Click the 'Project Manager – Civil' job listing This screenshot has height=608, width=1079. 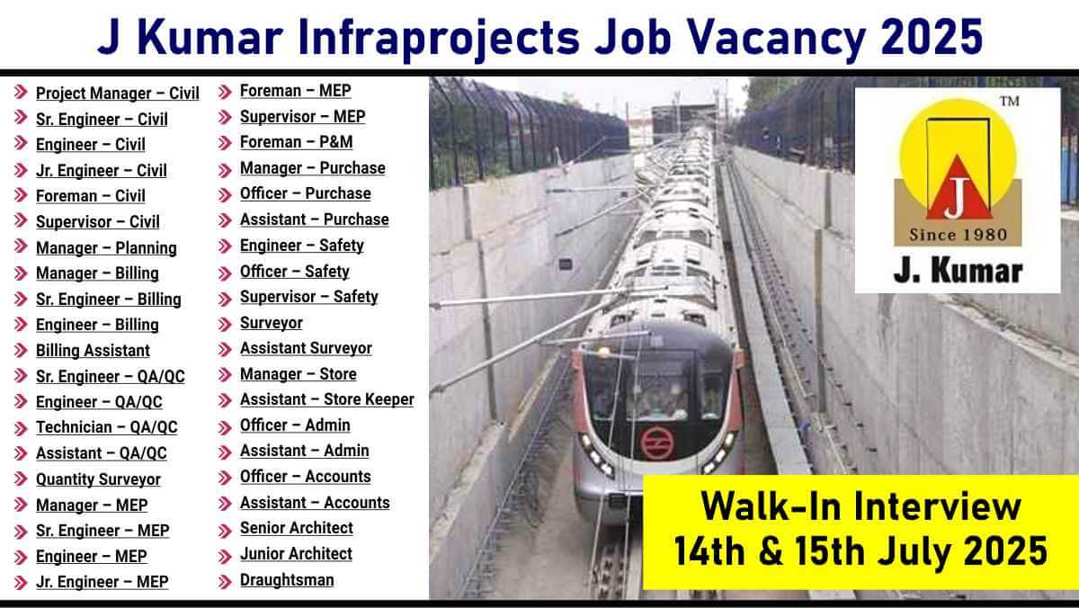[118, 94]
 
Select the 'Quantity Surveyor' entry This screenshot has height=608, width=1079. [98, 479]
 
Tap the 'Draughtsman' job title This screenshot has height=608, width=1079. [287, 580]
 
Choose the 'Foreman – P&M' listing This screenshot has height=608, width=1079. [296, 142]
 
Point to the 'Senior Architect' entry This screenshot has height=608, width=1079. [297, 528]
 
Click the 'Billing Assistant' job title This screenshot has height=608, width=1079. [93, 351]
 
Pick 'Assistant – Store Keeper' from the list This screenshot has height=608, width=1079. [327, 399]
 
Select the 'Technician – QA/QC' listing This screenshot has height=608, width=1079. [106, 427]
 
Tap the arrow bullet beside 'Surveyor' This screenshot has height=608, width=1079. [225, 324]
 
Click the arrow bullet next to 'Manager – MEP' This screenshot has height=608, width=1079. [21, 505]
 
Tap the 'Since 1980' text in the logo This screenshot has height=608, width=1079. [959, 235]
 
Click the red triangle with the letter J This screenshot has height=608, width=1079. [957, 190]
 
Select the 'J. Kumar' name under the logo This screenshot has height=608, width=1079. [959, 272]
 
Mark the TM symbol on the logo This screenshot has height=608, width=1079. [1009, 101]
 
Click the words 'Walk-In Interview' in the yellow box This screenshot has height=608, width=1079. [861, 506]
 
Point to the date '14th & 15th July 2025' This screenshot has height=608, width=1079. [861, 551]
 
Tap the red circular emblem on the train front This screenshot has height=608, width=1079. [656, 443]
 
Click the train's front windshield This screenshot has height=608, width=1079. [657, 386]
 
